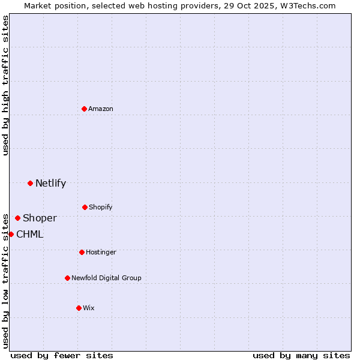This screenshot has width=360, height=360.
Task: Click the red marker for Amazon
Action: [x=84, y=109]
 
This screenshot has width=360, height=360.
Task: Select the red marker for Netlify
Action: [x=30, y=183]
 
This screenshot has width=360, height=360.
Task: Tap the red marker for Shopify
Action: [x=85, y=207]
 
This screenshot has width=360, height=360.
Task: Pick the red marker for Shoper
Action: [x=17, y=218]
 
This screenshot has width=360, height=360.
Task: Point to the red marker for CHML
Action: [x=11, y=234]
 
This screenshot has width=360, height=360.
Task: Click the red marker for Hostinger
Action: [x=82, y=252]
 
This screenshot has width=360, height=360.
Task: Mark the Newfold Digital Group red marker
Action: [x=67, y=278]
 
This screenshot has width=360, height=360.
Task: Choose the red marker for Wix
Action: [x=79, y=308]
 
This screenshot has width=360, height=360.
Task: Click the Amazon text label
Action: [x=101, y=109]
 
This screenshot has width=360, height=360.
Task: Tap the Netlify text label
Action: [x=50, y=184]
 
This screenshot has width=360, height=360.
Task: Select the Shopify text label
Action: [x=101, y=208]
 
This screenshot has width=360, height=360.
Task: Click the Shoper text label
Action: [x=40, y=218]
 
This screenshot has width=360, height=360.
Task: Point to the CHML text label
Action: [x=29, y=235]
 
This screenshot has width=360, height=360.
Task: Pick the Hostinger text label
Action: [x=101, y=253]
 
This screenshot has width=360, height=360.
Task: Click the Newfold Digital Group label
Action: [x=106, y=278]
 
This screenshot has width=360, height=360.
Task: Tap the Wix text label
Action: [x=89, y=308]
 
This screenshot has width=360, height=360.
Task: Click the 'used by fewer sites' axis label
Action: [x=62, y=355]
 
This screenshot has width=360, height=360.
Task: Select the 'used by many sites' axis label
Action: [x=301, y=355]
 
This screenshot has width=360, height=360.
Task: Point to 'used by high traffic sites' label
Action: [x=5, y=85]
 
